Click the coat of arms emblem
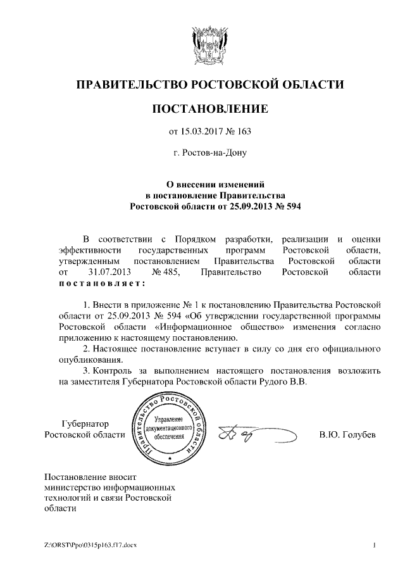tap(202, 46)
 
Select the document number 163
tap(244, 132)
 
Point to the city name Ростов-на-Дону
tap(211, 153)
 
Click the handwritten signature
tap(253, 435)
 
